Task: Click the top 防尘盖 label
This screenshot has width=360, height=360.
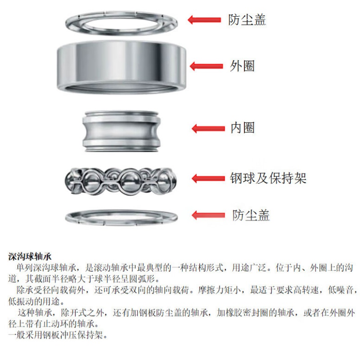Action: (247, 20)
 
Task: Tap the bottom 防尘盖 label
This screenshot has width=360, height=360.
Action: (251, 215)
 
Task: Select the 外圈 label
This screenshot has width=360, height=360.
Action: (242, 66)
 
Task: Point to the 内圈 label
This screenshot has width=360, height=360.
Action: (243, 128)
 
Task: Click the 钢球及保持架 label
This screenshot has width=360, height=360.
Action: (268, 178)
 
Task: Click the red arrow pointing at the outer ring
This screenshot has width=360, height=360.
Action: (206, 66)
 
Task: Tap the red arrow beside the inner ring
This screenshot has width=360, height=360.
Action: (208, 129)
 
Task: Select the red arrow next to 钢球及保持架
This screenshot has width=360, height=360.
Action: (208, 178)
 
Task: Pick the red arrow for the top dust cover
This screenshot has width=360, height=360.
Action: (204, 20)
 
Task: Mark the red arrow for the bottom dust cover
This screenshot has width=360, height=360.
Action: (208, 215)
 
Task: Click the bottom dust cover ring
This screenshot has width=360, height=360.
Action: (121, 223)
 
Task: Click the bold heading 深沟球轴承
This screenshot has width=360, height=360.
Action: (30, 256)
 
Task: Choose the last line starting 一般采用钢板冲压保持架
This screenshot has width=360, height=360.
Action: (58, 335)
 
